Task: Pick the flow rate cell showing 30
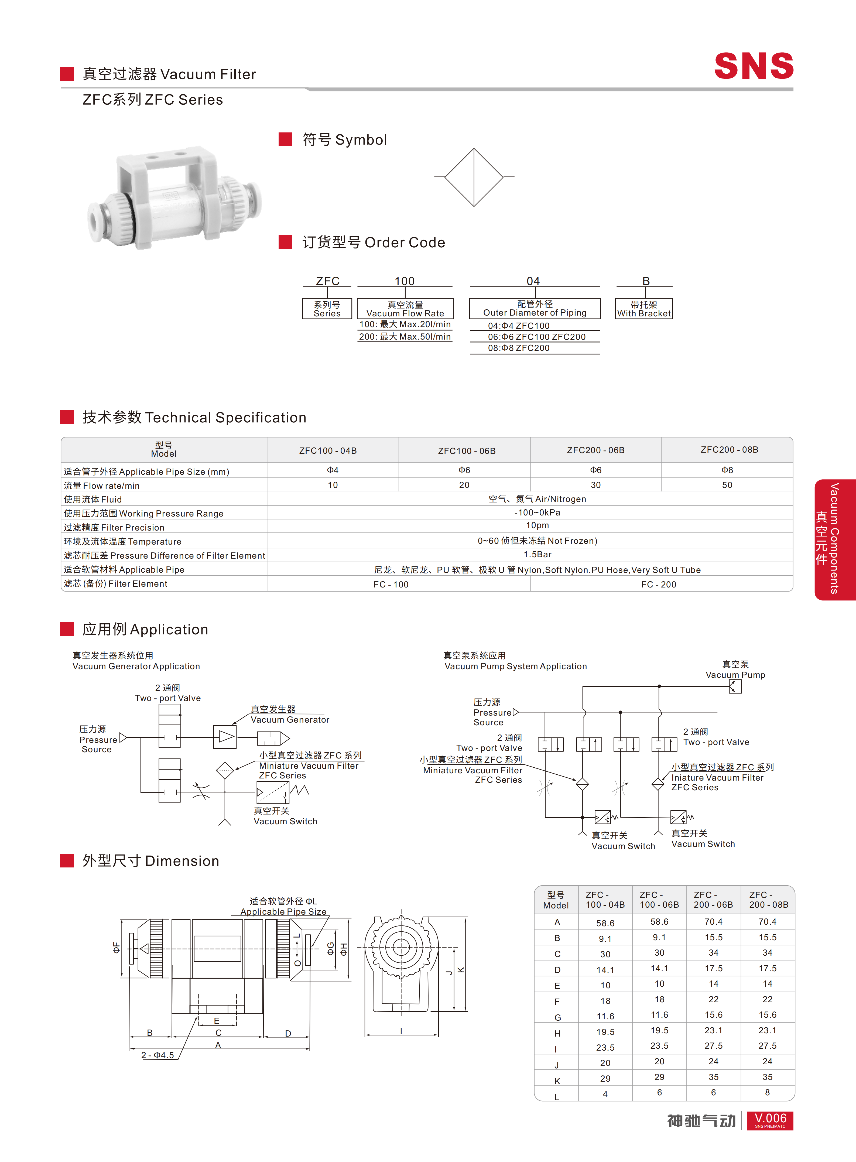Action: click(x=596, y=485)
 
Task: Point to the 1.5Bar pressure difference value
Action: click(x=537, y=554)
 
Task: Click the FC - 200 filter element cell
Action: click(x=659, y=584)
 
